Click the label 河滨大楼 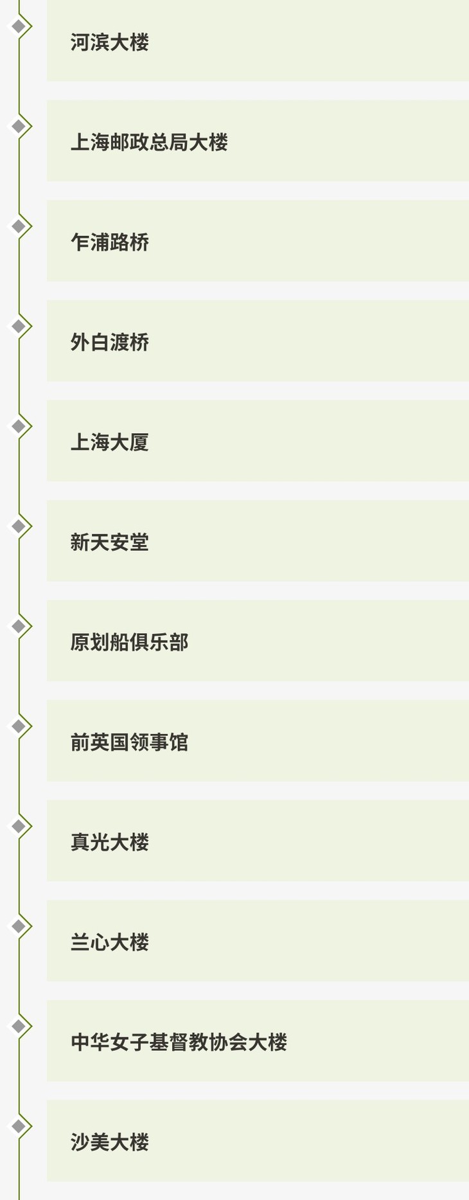(109, 42)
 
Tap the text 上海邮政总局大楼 (149, 142)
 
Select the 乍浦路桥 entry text (109, 242)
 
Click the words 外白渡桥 (109, 342)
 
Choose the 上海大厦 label (109, 442)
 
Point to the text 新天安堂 (109, 542)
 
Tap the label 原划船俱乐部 (129, 642)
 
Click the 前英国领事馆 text (129, 742)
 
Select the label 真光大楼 (109, 842)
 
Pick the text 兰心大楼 (109, 942)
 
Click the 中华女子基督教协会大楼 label (179, 1042)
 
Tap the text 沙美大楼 (109, 1142)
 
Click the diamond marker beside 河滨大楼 (19, 26)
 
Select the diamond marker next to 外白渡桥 (19, 327)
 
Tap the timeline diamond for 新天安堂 (19, 526)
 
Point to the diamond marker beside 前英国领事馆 (19, 726)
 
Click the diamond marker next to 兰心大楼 (19, 926)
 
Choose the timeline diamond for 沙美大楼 (19, 1126)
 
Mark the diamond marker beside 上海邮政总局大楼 (19, 126)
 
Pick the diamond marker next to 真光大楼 (19, 826)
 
